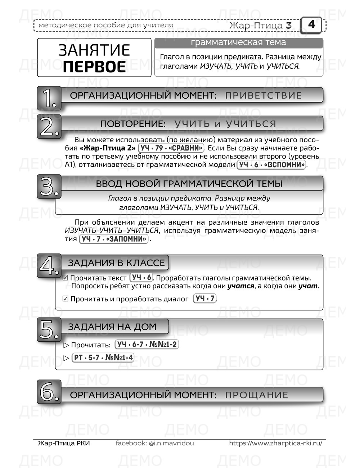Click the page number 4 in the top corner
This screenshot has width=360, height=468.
(312, 24)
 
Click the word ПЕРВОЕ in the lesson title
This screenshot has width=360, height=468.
(94, 67)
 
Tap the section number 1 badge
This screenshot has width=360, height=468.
(49, 98)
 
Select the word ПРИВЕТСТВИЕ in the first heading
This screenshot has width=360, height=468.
(263, 96)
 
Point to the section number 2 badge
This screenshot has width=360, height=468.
(49, 127)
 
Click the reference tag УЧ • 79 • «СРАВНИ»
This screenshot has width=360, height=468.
(171, 148)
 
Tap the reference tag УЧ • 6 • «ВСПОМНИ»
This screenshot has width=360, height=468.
(272, 165)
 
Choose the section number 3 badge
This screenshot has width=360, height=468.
(49, 186)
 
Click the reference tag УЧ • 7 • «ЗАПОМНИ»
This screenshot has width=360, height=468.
(114, 239)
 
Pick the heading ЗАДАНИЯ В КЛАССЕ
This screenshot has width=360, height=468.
(116, 263)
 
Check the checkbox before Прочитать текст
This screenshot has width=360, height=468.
(66, 278)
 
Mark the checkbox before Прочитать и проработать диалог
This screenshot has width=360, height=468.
(66, 299)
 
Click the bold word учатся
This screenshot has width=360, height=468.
(241, 286)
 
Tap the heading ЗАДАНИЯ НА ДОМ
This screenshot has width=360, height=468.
(112, 327)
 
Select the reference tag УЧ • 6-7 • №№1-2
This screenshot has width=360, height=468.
(147, 345)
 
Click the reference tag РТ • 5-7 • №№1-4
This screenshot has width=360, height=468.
(103, 358)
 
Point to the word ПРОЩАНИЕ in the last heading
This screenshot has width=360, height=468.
(257, 395)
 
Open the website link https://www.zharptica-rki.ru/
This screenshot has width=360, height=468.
(275, 443)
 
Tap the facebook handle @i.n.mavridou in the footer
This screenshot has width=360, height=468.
(171, 443)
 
